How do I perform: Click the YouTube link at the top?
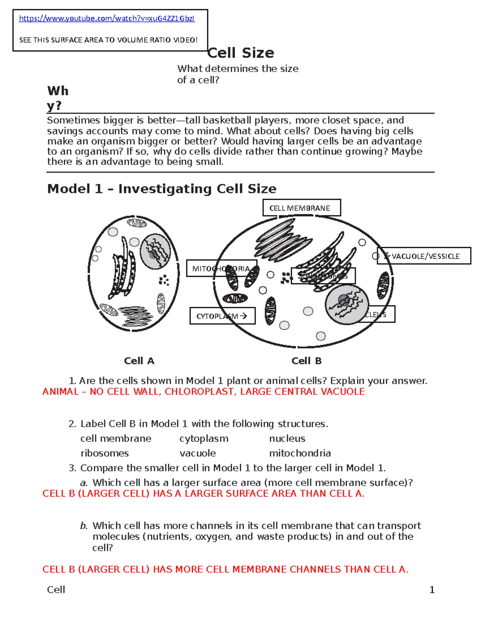107,18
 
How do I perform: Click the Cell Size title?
241,53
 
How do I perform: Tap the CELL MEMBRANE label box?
301,208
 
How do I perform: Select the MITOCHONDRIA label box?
220,268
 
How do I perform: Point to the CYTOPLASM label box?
222,316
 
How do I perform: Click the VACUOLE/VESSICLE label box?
424,256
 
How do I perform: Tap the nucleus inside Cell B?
346,305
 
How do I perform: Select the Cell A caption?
139,361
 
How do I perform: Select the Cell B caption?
306,361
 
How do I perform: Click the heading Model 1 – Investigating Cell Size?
162,189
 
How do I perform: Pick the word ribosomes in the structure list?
105,453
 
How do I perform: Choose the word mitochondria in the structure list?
300,453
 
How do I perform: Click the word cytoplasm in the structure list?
204,438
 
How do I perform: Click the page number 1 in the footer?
432,589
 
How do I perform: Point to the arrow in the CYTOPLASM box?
243,316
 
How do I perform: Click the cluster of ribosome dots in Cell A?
164,280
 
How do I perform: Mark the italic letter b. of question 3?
83,526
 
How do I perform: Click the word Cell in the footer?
56,589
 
